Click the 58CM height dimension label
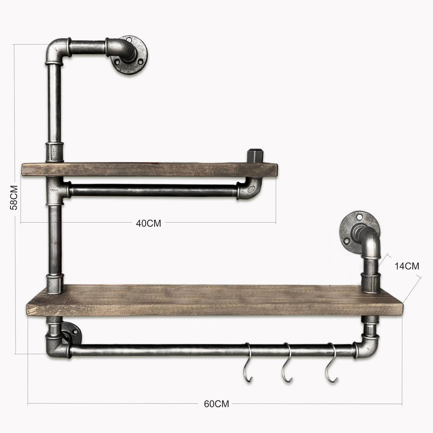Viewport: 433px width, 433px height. pos(13,197)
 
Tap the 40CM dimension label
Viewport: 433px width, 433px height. pos(148,223)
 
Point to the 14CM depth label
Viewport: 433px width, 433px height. pos(407,266)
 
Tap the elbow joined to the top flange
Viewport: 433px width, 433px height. pos(120,47)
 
